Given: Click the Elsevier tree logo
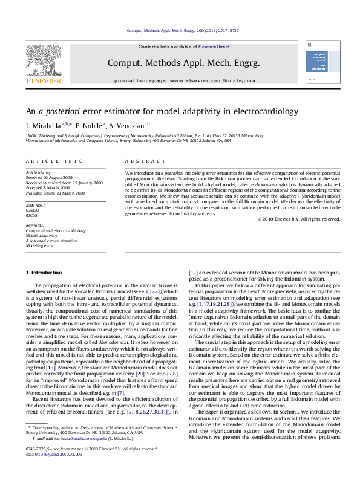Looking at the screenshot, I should click(42, 61).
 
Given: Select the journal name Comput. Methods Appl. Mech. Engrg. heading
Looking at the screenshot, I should click(183, 63).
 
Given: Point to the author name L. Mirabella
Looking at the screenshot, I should click(46, 125).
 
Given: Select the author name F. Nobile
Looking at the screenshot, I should click(91, 125).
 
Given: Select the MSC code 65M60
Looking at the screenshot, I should click(31, 210).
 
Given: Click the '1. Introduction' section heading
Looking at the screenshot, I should click(46, 274).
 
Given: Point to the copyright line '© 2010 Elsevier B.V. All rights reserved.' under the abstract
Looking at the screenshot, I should click(298, 219).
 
